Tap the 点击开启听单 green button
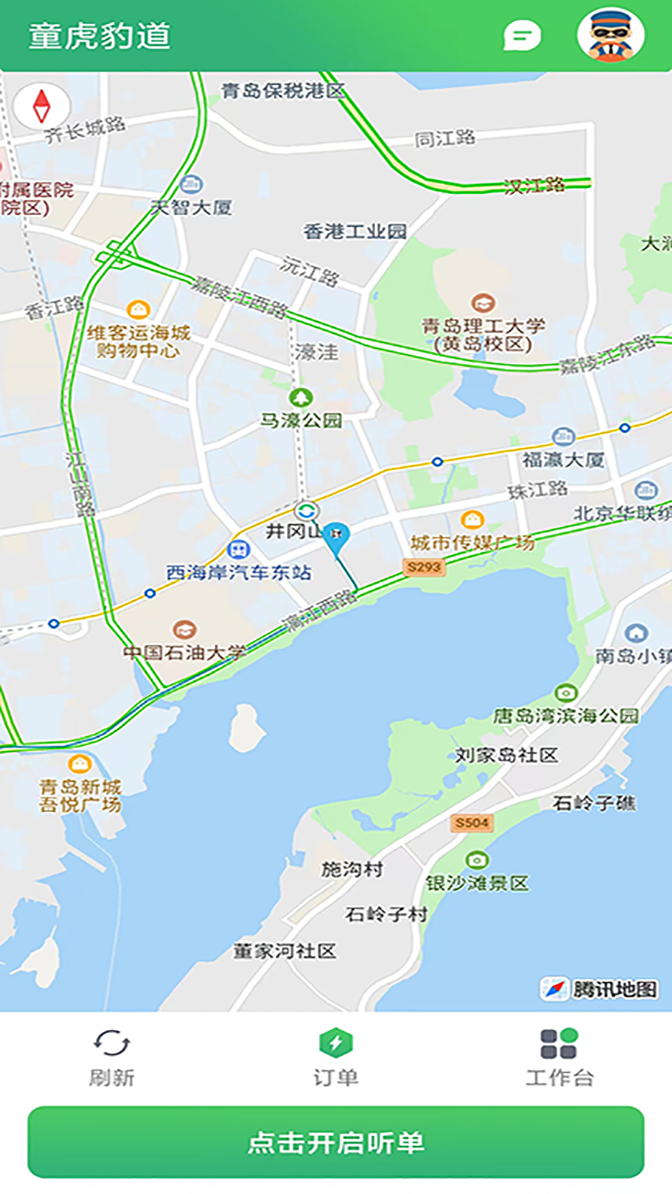(x=336, y=1142)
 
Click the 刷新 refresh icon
(x=111, y=1043)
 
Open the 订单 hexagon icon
(x=336, y=1043)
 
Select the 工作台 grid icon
(x=559, y=1043)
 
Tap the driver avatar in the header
(x=610, y=35)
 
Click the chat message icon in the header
(x=521, y=36)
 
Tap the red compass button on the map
(x=42, y=106)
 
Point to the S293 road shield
(x=424, y=567)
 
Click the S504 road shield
(x=472, y=823)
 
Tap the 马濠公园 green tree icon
(x=301, y=397)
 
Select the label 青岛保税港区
(x=283, y=91)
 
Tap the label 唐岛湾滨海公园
(x=566, y=716)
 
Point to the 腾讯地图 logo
(x=599, y=989)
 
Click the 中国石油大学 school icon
(x=184, y=629)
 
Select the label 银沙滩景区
(x=477, y=883)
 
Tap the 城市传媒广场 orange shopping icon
(x=472, y=519)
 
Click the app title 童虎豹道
(x=100, y=35)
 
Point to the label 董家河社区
(x=284, y=951)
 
